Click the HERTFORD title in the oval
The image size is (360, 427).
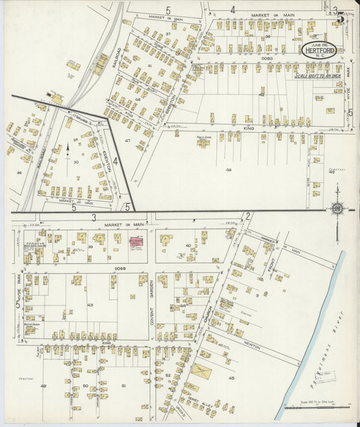(322, 50)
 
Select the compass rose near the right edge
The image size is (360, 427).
(337, 209)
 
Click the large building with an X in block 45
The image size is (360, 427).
(200, 370)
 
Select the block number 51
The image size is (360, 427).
(124, 385)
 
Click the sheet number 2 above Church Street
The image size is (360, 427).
(248, 216)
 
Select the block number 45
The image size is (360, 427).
(232, 378)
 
